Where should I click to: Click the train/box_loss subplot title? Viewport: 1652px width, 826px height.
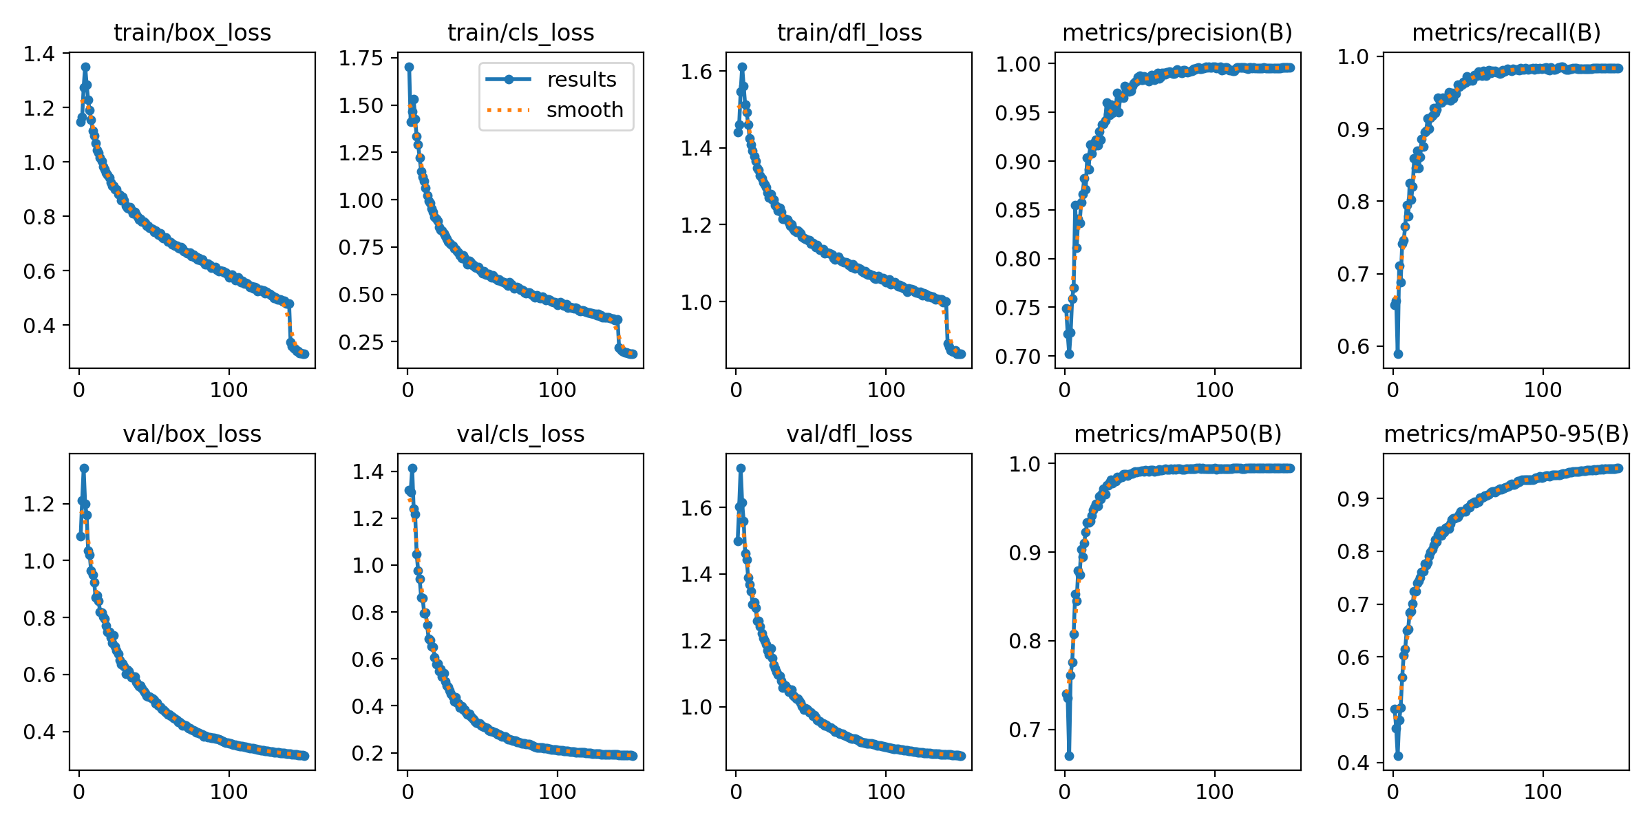click(192, 32)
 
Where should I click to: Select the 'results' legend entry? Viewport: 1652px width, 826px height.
click(582, 80)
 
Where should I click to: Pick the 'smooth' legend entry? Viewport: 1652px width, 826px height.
click(584, 110)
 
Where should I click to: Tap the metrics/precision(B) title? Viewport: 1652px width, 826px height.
click(1177, 32)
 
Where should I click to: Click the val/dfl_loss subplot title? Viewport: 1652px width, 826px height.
click(849, 434)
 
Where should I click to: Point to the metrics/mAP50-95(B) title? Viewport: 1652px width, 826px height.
click(1506, 434)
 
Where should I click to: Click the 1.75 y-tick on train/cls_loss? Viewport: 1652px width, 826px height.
click(361, 58)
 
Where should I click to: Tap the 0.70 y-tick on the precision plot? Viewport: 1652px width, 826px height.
click(1018, 357)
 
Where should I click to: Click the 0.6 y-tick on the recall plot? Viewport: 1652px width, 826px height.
click(1354, 346)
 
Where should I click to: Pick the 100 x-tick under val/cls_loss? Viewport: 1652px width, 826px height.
click(557, 792)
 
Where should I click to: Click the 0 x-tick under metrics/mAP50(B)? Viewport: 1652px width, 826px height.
click(1065, 792)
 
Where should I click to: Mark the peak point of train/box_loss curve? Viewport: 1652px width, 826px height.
click(85, 67)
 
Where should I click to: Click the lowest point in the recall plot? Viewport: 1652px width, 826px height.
click(1398, 354)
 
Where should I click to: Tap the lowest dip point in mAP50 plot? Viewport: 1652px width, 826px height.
click(1069, 756)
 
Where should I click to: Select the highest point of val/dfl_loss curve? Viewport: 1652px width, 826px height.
click(741, 468)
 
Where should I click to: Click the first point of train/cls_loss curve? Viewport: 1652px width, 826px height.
click(409, 67)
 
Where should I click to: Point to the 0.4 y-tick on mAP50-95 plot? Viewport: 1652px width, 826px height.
click(1354, 763)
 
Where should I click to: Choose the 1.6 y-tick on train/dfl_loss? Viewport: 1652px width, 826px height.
click(697, 72)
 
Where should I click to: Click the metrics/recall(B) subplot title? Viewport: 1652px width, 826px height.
click(1506, 32)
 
